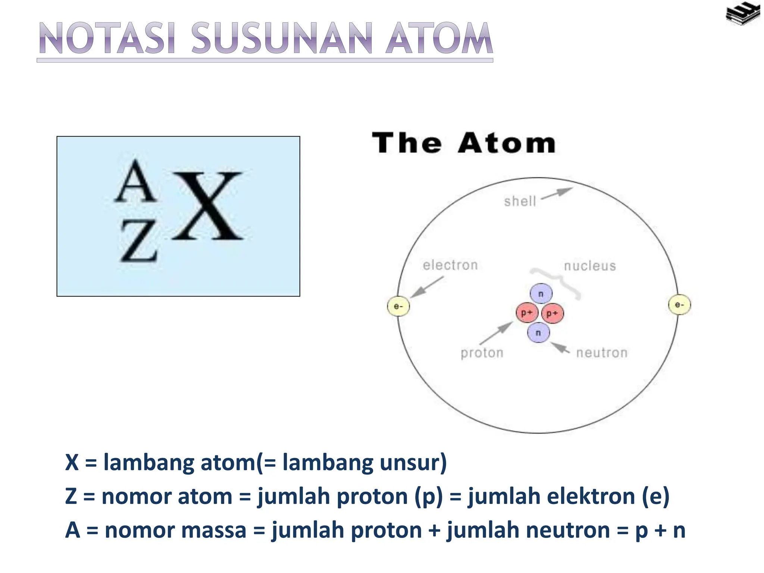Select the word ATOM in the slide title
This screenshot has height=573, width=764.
[439, 39]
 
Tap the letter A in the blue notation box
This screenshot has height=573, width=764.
[135, 182]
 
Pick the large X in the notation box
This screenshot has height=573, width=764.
[208, 206]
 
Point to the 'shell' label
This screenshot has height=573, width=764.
[520, 201]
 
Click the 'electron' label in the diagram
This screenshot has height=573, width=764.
[450, 265]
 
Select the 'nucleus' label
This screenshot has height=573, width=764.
[589, 266]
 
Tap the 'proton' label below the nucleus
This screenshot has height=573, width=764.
[482, 353]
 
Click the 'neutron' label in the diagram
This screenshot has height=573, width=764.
[602, 353]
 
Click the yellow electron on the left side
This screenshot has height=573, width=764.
[398, 306]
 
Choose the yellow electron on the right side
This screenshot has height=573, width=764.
[679, 305]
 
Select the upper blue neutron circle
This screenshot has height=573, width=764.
[541, 294]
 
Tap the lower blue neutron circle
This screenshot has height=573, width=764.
[538, 332]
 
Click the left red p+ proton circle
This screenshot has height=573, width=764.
[526, 313]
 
